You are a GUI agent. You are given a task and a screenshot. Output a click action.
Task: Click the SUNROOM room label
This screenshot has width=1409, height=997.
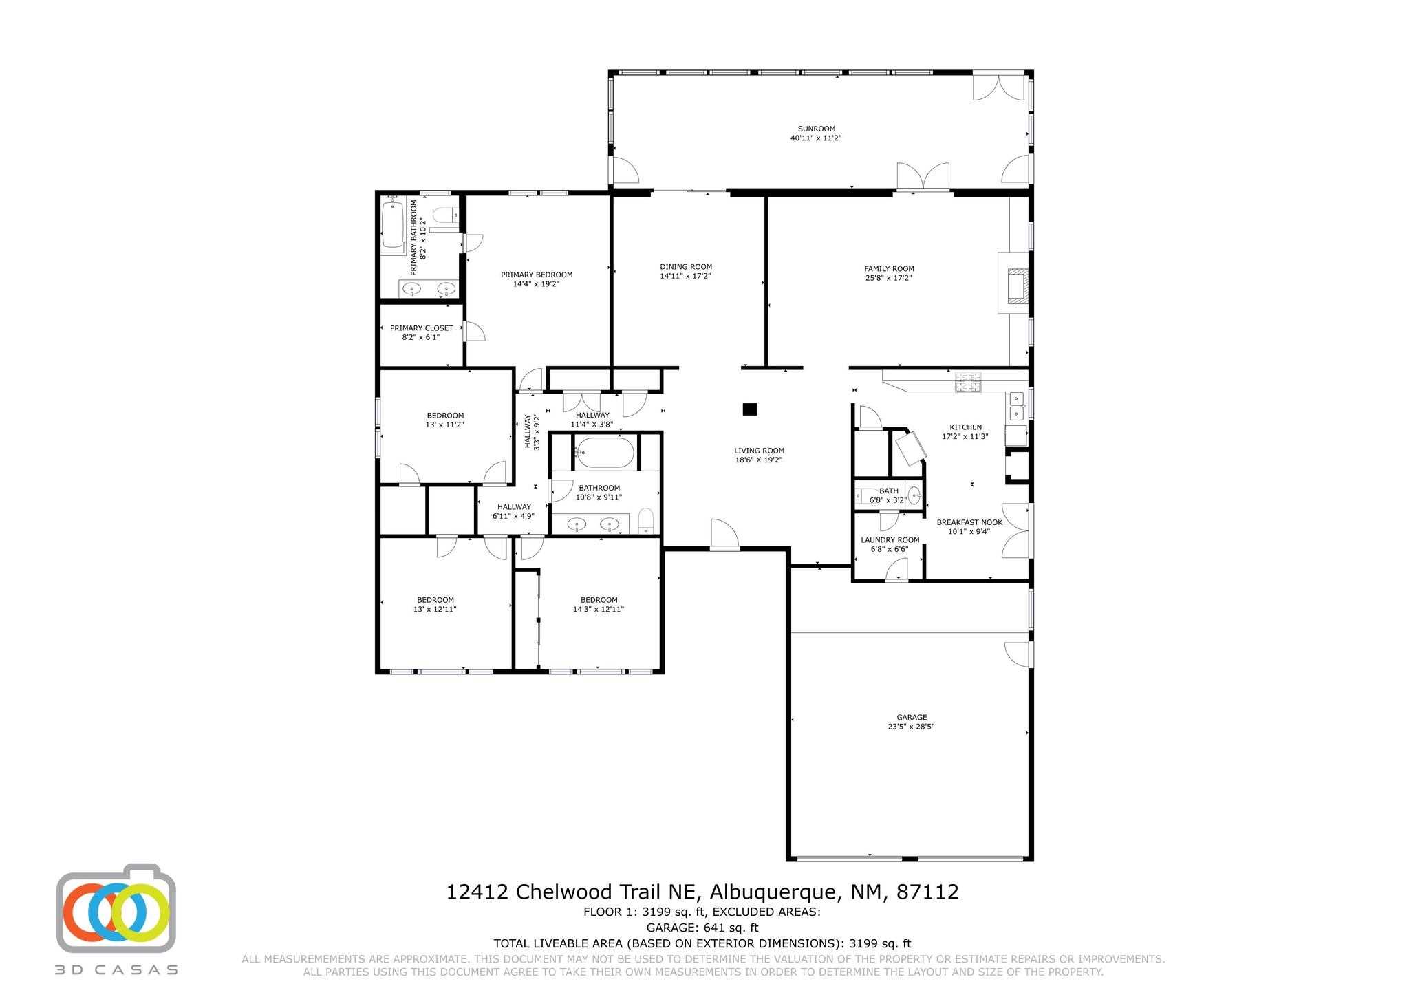pyautogui.click(x=816, y=129)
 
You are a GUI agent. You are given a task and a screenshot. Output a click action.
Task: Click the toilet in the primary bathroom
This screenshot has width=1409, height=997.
pyautogui.click(x=447, y=215)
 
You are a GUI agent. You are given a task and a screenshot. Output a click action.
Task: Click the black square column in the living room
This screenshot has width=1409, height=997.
pyautogui.click(x=750, y=409)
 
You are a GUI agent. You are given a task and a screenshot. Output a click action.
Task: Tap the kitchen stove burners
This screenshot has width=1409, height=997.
pyautogui.click(x=968, y=383)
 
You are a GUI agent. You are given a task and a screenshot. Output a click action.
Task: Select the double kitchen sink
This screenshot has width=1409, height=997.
pyautogui.click(x=1016, y=406)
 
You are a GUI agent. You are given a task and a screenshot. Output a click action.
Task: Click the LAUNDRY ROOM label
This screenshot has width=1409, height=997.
pyautogui.click(x=890, y=540)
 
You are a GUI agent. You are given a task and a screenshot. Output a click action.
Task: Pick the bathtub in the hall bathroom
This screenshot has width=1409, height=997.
pyautogui.click(x=604, y=452)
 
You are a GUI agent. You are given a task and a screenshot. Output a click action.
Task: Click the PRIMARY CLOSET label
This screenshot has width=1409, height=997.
pyautogui.click(x=421, y=328)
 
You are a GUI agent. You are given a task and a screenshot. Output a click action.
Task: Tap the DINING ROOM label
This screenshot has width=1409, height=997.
pyautogui.click(x=685, y=267)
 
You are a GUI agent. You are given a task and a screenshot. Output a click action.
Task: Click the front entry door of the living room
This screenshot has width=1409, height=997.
pyautogui.click(x=724, y=535)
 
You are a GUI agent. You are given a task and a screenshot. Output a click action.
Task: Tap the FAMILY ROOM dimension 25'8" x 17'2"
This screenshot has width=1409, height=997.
pyautogui.click(x=889, y=279)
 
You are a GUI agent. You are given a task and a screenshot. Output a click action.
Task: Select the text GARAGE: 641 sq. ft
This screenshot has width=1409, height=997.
pyautogui.click(x=702, y=928)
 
